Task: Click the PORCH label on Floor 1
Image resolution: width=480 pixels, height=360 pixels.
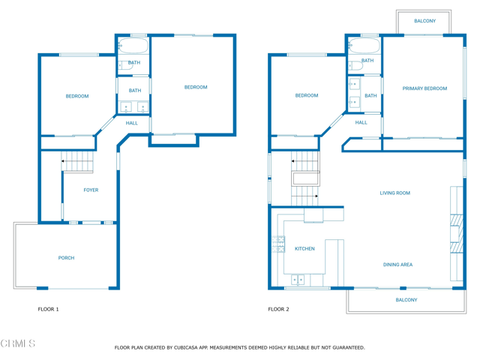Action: click(x=66, y=258)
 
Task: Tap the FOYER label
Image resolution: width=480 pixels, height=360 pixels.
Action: click(x=91, y=190)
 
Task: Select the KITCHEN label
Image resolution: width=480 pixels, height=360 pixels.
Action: click(x=304, y=249)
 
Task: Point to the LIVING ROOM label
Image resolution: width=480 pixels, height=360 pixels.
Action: click(x=395, y=193)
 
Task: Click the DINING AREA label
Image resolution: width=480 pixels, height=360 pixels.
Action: click(x=397, y=265)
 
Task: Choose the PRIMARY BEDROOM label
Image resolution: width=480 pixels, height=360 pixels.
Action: click(x=424, y=88)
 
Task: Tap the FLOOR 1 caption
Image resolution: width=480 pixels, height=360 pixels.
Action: click(x=48, y=310)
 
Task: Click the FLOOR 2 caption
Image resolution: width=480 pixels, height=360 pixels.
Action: click(x=278, y=310)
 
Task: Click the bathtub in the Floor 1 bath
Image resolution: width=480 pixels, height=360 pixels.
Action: click(x=133, y=46)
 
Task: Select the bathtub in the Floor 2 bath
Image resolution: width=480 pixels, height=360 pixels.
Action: click(x=364, y=46)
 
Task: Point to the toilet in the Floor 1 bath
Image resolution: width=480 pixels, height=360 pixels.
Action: click(x=126, y=65)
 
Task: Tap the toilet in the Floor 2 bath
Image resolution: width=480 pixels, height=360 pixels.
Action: click(x=355, y=65)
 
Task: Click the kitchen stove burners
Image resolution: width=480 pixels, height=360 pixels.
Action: click(x=278, y=244)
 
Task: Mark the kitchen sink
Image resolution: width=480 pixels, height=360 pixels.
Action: click(x=298, y=280)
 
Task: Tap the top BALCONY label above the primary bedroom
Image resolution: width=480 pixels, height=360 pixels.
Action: click(x=425, y=21)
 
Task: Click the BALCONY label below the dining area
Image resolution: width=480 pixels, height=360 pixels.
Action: click(x=406, y=300)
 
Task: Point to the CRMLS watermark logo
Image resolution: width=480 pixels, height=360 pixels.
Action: click(x=18, y=343)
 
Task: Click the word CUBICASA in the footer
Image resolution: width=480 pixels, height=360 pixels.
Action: click(x=186, y=348)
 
